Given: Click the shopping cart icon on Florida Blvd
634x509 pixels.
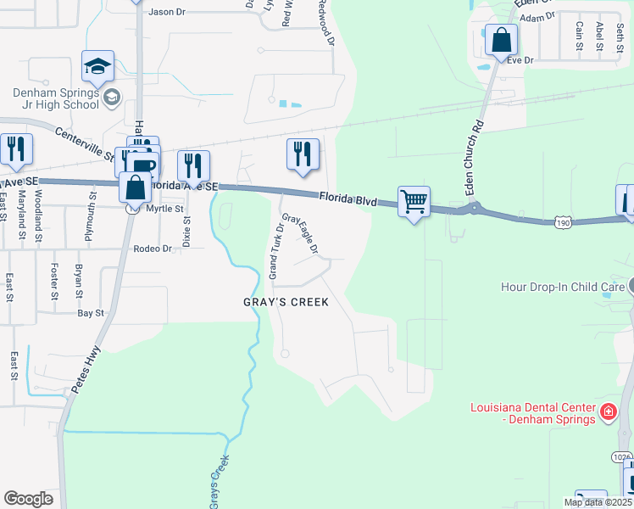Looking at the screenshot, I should (414, 202).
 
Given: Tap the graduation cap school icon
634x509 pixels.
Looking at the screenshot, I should (97, 66).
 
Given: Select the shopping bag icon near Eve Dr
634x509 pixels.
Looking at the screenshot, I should (501, 40).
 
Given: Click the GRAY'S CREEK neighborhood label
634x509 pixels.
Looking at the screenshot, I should (285, 302).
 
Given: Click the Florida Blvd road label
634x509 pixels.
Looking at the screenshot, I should (348, 200).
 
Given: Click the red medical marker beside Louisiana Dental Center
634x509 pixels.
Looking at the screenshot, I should (607, 413).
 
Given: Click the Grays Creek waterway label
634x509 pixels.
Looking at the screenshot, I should (218, 479).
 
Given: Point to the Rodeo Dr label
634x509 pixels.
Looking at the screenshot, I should (153, 249).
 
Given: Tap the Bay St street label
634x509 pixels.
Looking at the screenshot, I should (91, 313).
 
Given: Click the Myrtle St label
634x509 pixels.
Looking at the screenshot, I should (164, 209).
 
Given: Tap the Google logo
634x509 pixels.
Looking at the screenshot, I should (28, 499).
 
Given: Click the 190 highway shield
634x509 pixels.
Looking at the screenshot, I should (564, 222).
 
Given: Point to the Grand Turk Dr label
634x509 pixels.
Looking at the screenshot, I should (274, 251).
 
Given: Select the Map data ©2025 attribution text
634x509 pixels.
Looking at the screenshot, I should (598, 502).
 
